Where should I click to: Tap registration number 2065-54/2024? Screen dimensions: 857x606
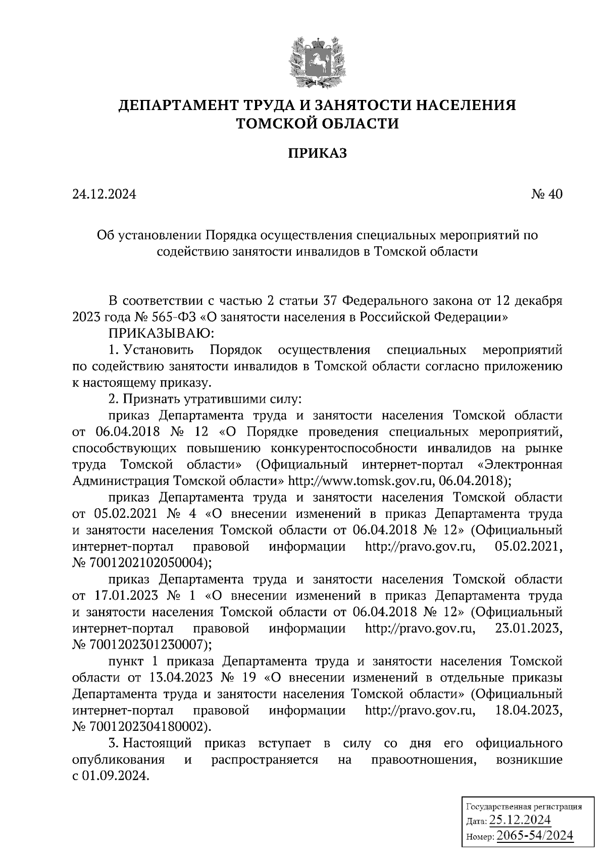535,836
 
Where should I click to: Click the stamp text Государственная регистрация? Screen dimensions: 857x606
523,806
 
